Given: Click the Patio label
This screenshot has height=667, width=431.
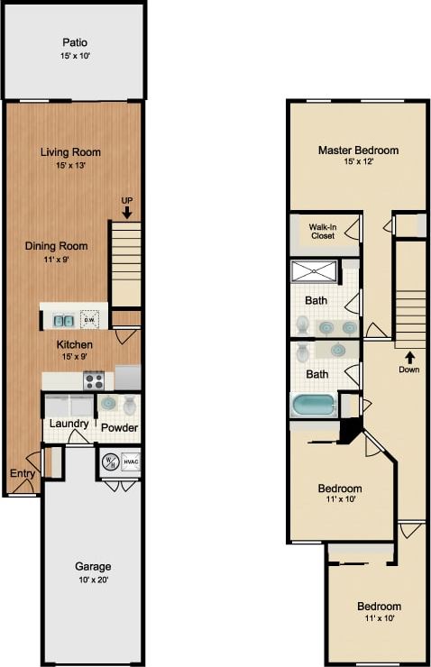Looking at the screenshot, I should [76, 42].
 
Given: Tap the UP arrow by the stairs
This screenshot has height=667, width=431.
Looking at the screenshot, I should [127, 213].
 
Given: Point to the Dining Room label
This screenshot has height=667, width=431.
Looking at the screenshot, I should [56, 245].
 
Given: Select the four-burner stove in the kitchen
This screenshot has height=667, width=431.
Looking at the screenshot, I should [95, 380].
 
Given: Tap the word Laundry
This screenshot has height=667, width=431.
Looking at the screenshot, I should [69, 424].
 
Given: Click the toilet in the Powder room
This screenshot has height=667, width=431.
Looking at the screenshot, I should [130, 405].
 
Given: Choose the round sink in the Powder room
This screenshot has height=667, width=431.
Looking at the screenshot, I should [108, 404].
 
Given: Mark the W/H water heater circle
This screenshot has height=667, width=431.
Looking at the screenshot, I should [110, 461].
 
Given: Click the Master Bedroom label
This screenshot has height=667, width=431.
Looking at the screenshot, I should [358, 151].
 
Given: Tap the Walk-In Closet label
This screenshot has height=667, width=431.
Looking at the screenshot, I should [323, 231].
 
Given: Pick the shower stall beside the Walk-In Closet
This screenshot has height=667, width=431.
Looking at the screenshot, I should [315, 270].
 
